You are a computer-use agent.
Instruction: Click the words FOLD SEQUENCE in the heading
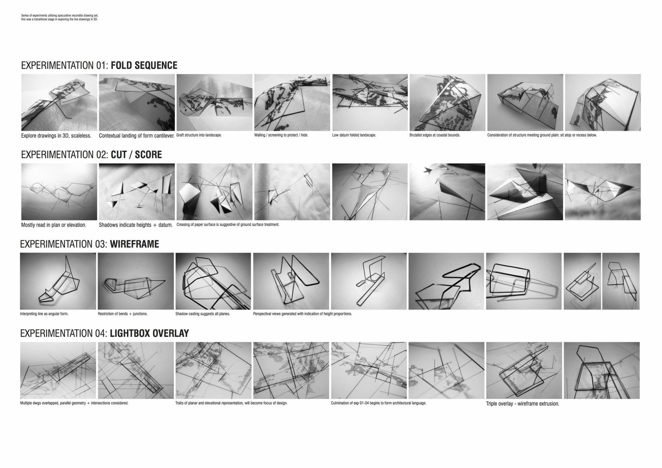[144, 65]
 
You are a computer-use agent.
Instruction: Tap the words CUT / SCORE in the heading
[136, 155]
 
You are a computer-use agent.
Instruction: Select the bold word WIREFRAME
[134, 244]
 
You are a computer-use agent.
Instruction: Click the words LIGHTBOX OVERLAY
[149, 333]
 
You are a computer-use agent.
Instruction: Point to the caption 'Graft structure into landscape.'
[199, 135]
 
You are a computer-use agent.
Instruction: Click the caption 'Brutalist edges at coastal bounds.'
[435, 135]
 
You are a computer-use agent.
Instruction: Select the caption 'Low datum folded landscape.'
[354, 135]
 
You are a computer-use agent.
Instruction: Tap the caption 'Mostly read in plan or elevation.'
[54, 225]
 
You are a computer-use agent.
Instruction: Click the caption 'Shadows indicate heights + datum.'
[136, 225]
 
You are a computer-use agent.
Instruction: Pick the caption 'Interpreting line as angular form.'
[44, 314]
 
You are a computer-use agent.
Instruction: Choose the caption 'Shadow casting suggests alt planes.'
[202, 314]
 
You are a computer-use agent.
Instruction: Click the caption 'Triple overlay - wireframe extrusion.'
[523, 403]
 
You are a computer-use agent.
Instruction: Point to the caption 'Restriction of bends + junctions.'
[122, 314]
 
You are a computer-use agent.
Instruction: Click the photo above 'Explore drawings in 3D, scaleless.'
[59, 102]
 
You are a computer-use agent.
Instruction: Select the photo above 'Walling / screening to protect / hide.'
[292, 102]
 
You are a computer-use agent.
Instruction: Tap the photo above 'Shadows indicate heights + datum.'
[137, 192]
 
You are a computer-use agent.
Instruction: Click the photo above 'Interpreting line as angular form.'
[58, 281]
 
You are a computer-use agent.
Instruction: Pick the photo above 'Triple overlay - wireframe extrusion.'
[524, 370]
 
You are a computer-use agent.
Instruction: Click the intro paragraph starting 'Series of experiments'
[60, 17]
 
